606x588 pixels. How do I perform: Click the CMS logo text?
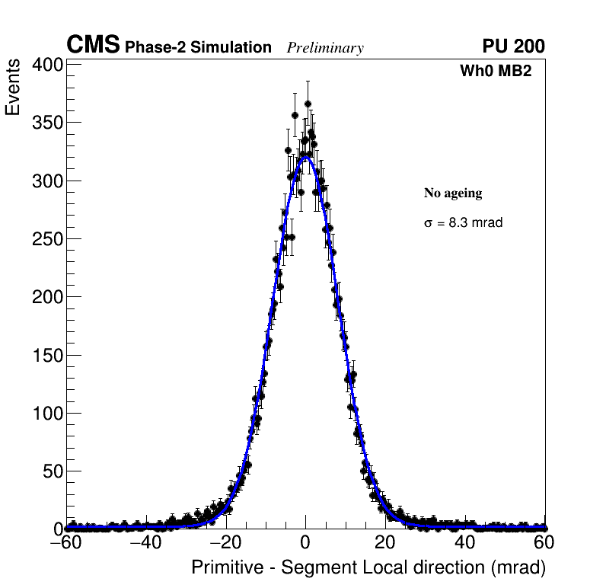pyautogui.click(x=93, y=46)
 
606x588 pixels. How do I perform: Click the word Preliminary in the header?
pyautogui.click(x=325, y=48)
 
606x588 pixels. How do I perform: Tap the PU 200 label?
pyautogui.click(x=513, y=46)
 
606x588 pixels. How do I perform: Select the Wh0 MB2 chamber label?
pyautogui.click(x=495, y=72)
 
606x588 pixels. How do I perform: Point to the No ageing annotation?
pyautogui.click(x=453, y=193)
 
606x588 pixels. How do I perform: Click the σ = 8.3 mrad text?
pyautogui.click(x=463, y=223)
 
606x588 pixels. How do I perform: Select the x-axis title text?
pyautogui.click(x=368, y=568)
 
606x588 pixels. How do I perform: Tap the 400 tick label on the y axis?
pyautogui.click(x=47, y=66)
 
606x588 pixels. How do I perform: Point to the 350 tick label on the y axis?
pyautogui.click(x=47, y=123)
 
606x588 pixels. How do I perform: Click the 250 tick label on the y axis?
pyautogui.click(x=47, y=239)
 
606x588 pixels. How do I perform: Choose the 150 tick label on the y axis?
pyautogui.click(x=47, y=355)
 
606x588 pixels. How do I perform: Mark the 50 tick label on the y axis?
pyautogui.click(x=52, y=471)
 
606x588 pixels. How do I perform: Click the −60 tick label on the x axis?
pyautogui.click(x=66, y=543)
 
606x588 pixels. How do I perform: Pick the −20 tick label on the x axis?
pyautogui.click(x=225, y=543)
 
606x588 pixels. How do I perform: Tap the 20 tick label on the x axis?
pyautogui.click(x=385, y=543)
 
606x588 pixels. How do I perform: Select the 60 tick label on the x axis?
pyautogui.click(x=544, y=543)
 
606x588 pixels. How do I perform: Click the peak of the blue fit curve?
pyautogui.click(x=305, y=158)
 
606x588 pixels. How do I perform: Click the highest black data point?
pyautogui.click(x=308, y=104)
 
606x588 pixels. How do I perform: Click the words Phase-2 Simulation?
pyautogui.click(x=198, y=48)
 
